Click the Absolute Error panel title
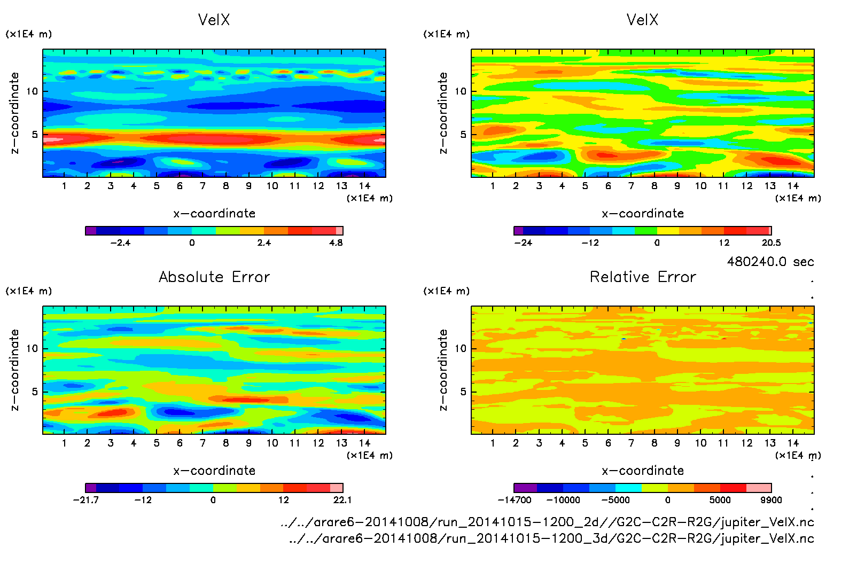(x=214, y=277)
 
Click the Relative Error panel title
(x=643, y=277)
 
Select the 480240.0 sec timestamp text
(x=770, y=262)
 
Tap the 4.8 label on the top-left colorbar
(x=336, y=243)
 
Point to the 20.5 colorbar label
(x=771, y=243)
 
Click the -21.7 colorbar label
(x=86, y=500)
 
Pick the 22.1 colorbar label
(x=342, y=500)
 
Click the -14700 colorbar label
(x=515, y=500)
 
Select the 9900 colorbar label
(x=771, y=500)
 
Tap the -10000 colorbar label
(x=563, y=500)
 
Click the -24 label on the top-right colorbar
(x=523, y=243)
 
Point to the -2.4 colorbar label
(x=120, y=243)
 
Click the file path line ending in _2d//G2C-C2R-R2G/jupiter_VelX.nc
(x=547, y=522)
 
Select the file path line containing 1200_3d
(x=551, y=538)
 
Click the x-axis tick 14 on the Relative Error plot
(x=793, y=443)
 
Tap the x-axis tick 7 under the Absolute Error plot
(x=202, y=443)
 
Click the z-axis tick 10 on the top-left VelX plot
(x=33, y=91)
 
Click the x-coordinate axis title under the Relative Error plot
(x=643, y=471)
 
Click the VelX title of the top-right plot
(x=642, y=20)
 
